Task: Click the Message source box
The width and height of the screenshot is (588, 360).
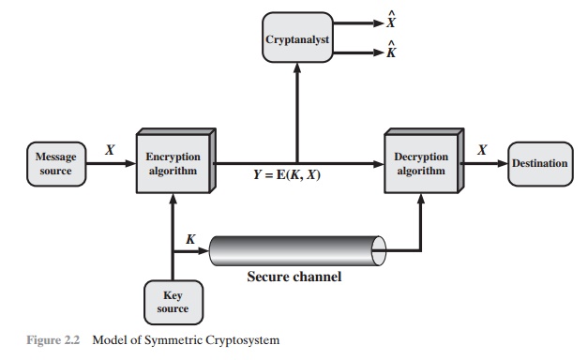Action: click(x=55, y=163)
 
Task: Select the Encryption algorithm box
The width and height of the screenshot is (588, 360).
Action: click(x=173, y=163)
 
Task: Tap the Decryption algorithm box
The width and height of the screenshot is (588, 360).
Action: click(x=421, y=163)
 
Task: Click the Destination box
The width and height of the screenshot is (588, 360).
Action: click(x=539, y=163)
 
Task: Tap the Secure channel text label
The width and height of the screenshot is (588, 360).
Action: click(x=293, y=277)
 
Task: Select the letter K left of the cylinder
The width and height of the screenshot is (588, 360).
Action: click(x=190, y=240)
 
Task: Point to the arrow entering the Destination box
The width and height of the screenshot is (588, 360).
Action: click(x=498, y=163)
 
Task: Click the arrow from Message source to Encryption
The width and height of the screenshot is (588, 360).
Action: click(x=113, y=163)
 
